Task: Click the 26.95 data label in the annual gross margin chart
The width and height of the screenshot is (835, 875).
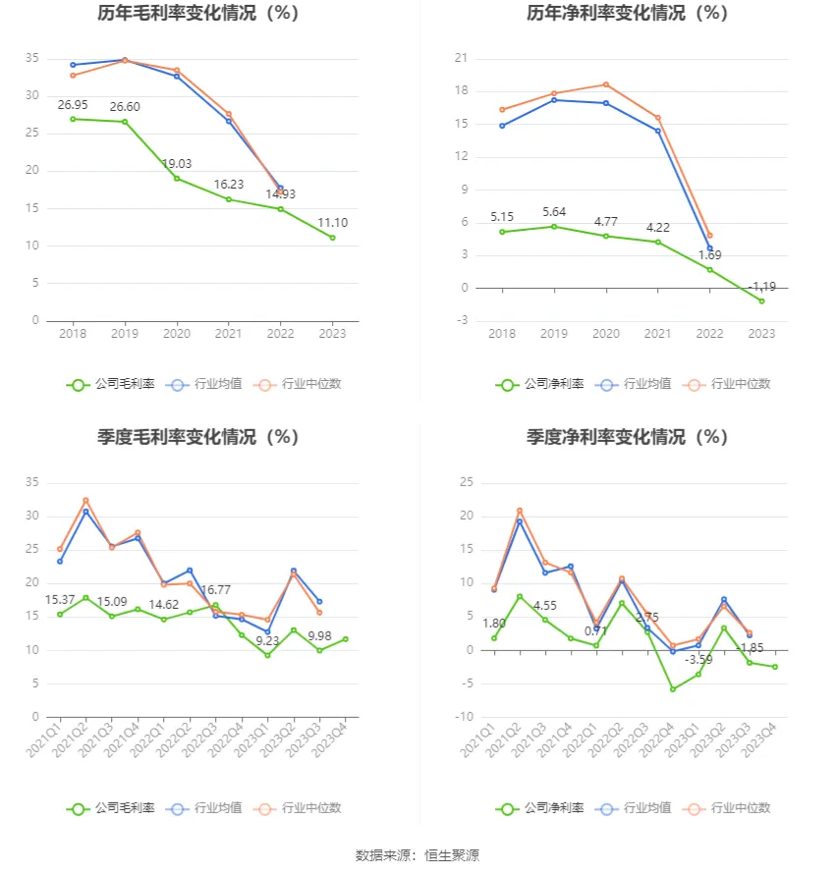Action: [x=73, y=104]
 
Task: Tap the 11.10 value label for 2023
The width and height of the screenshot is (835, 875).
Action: [x=332, y=223]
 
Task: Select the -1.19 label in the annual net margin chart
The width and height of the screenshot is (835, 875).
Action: [x=761, y=287]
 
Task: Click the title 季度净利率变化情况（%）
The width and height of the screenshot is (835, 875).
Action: [x=627, y=437]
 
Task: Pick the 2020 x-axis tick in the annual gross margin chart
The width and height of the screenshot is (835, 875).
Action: [x=177, y=334]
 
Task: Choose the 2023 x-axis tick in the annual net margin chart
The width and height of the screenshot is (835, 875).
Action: [x=761, y=334]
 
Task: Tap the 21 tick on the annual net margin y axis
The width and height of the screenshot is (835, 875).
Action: [x=460, y=59]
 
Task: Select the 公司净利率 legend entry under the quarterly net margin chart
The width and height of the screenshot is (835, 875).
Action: [x=540, y=808]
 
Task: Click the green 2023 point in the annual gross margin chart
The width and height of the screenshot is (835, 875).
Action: [x=332, y=238]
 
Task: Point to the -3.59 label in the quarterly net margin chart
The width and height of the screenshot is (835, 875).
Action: [x=698, y=658]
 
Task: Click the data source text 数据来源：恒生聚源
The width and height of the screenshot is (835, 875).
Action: [x=417, y=855]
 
